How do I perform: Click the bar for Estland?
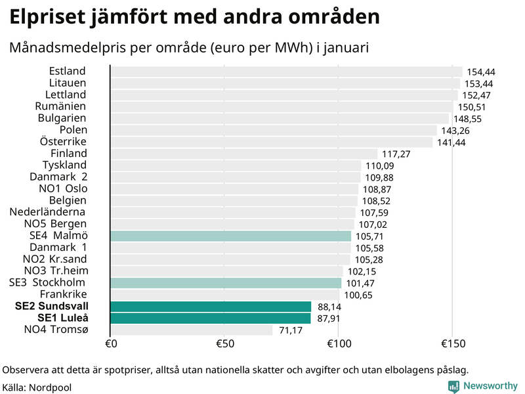pyautogui.click(x=286, y=72)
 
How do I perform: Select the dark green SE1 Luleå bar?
pyautogui.click(x=211, y=318)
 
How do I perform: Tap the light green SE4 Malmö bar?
pyautogui.click(x=230, y=236)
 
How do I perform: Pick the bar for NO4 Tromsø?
pyautogui.click(x=192, y=330)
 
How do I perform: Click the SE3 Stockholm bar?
pyautogui.click(x=226, y=283)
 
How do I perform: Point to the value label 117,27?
pyautogui.click(x=396, y=154)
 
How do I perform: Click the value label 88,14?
pyautogui.click(x=329, y=307)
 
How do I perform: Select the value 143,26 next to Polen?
pyautogui.click(x=454, y=131)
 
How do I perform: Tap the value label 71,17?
pyautogui.click(x=291, y=330)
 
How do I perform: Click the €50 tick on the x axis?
pyautogui.click(x=224, y=344)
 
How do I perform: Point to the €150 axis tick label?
pyautogui.click(x=452, y=344)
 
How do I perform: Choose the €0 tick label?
pyautogui.click(x=110, y=344)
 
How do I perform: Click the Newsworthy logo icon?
pyautogui.click(x=453, y=387)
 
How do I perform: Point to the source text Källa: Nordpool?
pyautogui.click(x=37, y=387)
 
